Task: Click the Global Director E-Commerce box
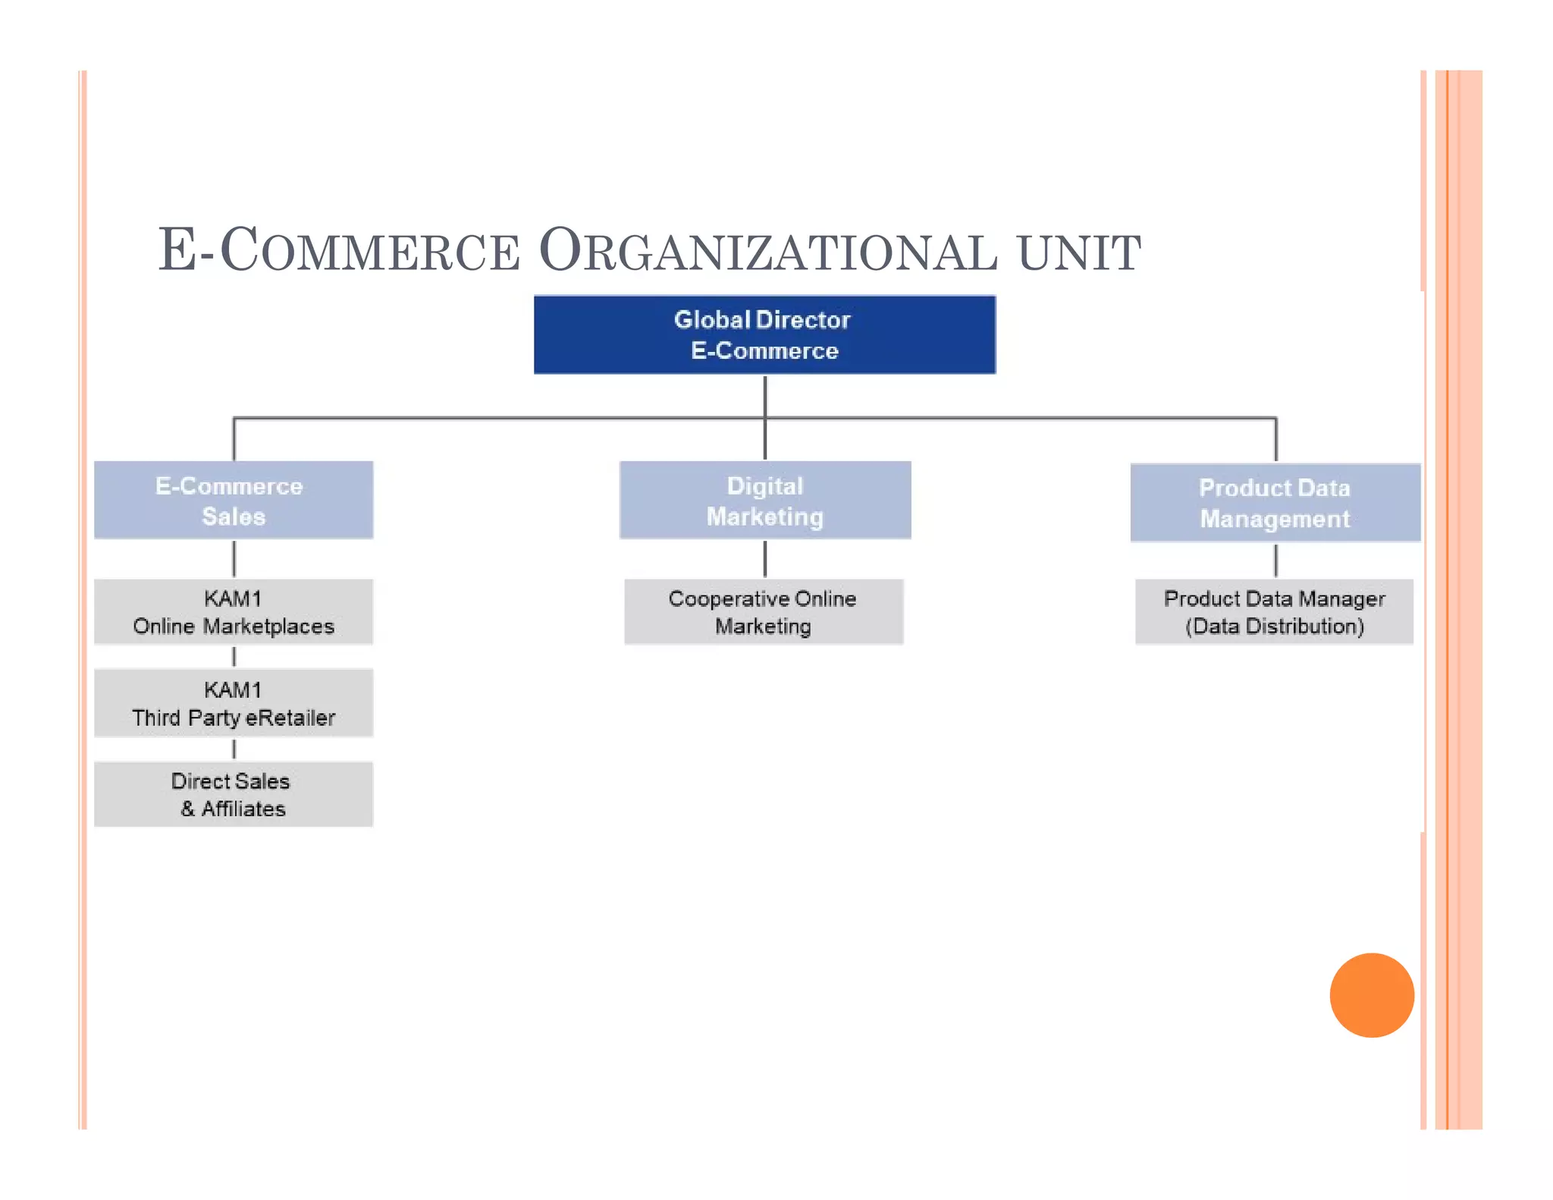tap(764, 335)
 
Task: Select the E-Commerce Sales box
tap(234, 501)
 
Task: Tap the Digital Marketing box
tap(765, 501)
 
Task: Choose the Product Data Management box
tap(1275, 503)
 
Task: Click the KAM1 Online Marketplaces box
tap(234, 612)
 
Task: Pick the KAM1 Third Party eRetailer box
tap(234, 703)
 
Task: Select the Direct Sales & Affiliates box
tap(234, 794)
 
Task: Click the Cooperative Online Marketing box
tap(764, 612)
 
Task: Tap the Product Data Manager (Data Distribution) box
tap(1274, 612)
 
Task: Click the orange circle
tap(1372, 995)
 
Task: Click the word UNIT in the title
tap(1078, 253)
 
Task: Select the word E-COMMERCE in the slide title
tap(339, 251)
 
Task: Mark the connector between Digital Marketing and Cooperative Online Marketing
tap(765, 559)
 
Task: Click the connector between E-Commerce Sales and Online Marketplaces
tap(234, 559)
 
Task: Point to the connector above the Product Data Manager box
tap(1275, 561)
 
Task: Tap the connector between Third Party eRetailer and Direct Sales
tap(234, 749)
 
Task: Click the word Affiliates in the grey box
tap(243, 809)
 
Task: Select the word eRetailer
tap(290, 718)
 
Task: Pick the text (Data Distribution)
tap(1274, 627)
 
